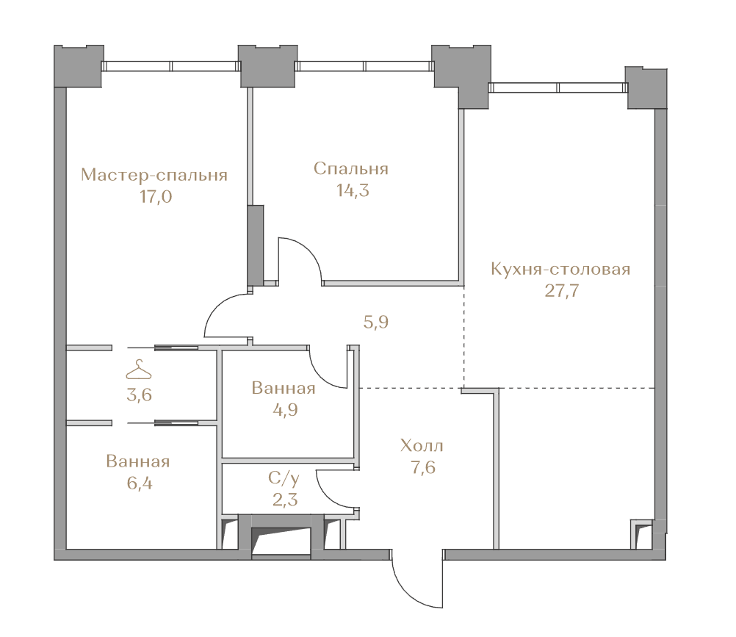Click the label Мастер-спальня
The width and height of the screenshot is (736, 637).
coord(154,175)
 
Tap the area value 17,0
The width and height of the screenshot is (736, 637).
coord(156,197)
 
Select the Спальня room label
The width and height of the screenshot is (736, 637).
coord(351,169)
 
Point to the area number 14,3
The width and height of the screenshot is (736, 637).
coord(353,190)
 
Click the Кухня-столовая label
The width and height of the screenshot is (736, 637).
coord(560,269)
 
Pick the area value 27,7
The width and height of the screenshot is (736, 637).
coord(562,290)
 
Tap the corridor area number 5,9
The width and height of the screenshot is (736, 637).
coord(376,322)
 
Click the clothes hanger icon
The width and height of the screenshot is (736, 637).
coord(139,370)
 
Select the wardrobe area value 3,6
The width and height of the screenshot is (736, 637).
coord(140,395)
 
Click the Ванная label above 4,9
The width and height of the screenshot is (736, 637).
coord(284,388)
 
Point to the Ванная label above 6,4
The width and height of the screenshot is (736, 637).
coord(138,461)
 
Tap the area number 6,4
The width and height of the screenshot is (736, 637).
coord(140,483)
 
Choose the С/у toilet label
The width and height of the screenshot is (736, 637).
coord(284,478)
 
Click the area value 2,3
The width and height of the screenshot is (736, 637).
coord(286,500)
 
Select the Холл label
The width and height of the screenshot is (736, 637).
coord(422,445)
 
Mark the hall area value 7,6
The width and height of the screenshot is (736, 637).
coord(423,467)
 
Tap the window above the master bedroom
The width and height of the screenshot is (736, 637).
coord(171,65)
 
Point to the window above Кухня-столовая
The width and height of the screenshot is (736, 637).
coord(558,87)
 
